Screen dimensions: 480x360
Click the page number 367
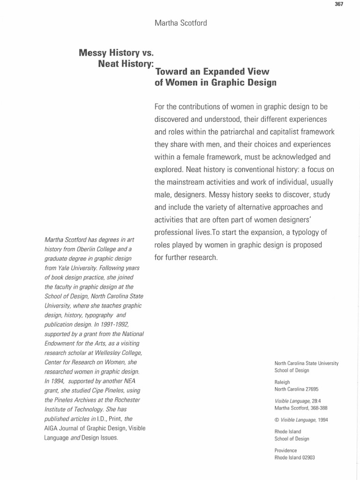click(339, 4)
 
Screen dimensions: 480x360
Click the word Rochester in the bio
click(123, 399)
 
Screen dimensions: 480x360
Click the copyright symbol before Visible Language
click(277, 420)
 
